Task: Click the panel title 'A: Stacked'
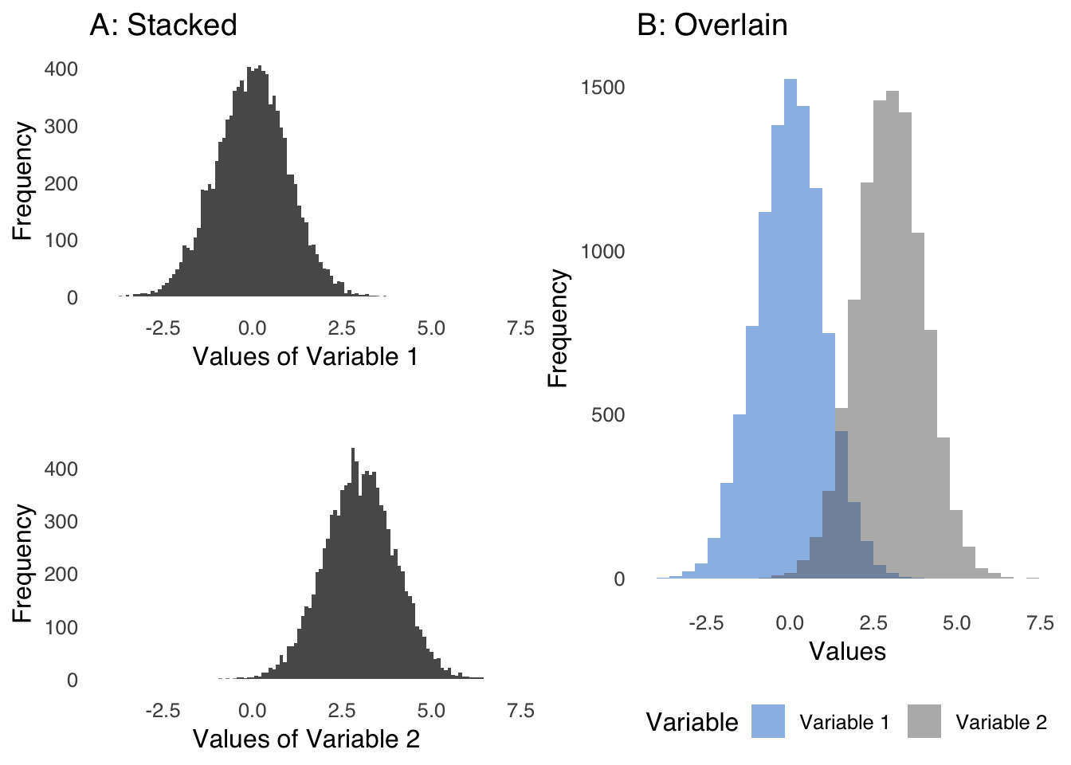pos(163,25)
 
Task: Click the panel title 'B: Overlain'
pos(712,25)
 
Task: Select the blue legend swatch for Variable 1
pos(768,721)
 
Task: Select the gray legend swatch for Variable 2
pos(924,721)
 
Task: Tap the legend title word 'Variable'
pos(692,723)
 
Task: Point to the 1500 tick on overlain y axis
pos(602,88)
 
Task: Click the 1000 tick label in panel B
pos(602,252)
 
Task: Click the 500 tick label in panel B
pos(608,415)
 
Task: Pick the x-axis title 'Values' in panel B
pos(847,652)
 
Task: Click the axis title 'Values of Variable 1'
pos(305,356)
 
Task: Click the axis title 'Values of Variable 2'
pos(306,739)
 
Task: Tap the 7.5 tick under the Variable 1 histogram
pos(520,328)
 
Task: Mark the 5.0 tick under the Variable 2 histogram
pos(431,711)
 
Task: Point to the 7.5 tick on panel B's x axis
pos(1040,623)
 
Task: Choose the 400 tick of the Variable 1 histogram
pos(61,69)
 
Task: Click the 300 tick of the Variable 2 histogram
pos(61,522)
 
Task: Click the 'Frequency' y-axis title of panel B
pos(559,328)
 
